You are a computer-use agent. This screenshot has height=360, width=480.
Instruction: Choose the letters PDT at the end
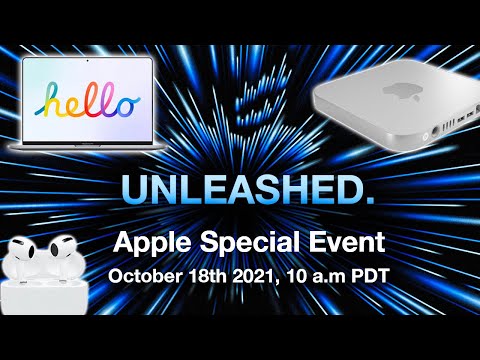click(372, 274)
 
